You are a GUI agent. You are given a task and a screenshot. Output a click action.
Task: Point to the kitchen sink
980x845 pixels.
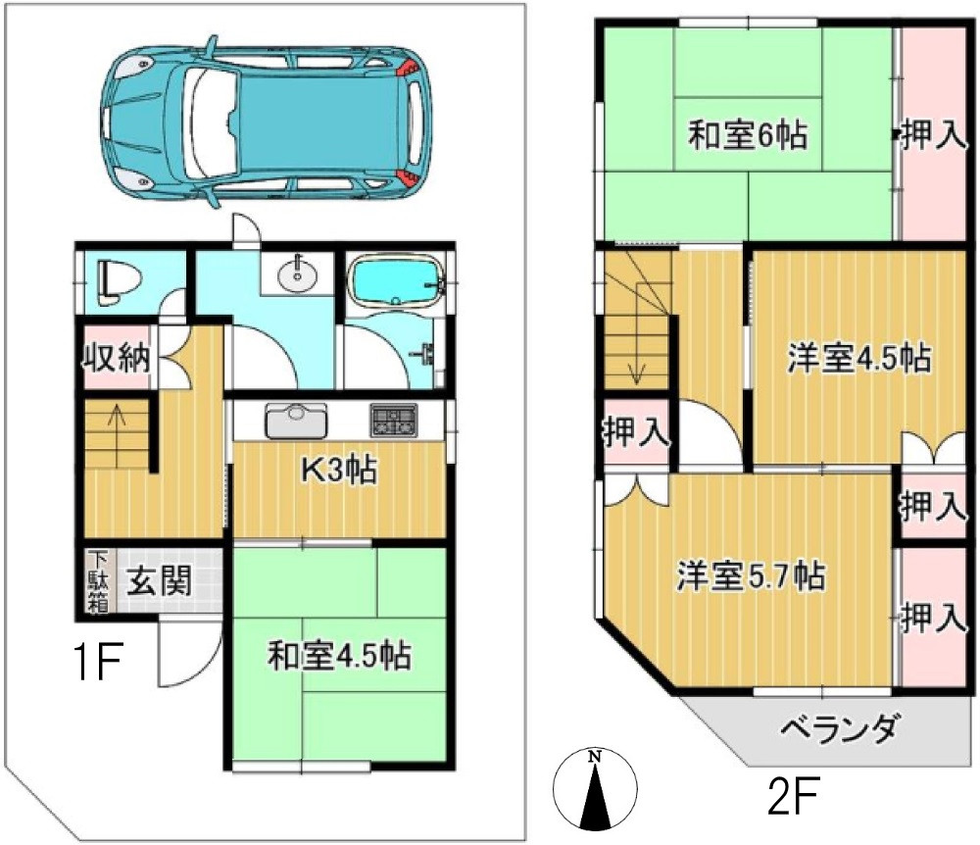click(297, 422)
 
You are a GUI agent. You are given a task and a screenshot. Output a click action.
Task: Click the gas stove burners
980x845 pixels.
click(393, 422)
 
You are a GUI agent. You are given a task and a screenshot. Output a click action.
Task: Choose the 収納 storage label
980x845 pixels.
click(116, 358)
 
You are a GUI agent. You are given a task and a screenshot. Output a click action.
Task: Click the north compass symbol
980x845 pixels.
click(595, 788)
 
